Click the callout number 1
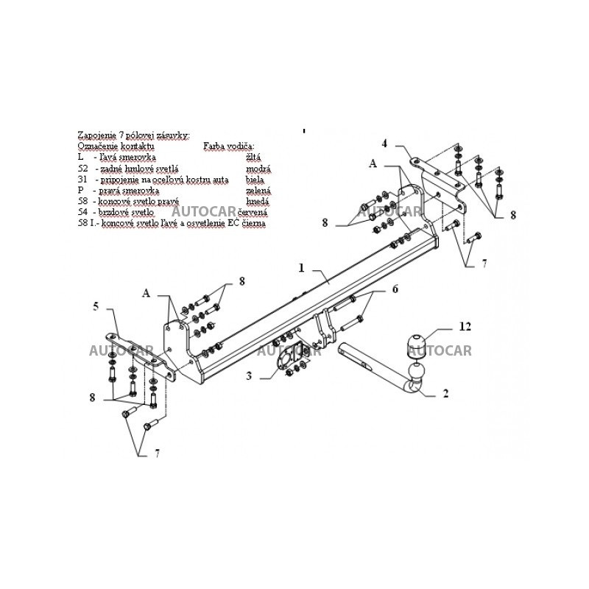(301, 268)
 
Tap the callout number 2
(446, 394)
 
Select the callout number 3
(249, 376)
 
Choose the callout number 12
(465, 325)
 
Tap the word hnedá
(258, 200)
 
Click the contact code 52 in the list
(82, 169)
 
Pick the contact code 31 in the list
(82, 179)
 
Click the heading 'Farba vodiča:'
(228, 147)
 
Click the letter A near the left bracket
(146, 293)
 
